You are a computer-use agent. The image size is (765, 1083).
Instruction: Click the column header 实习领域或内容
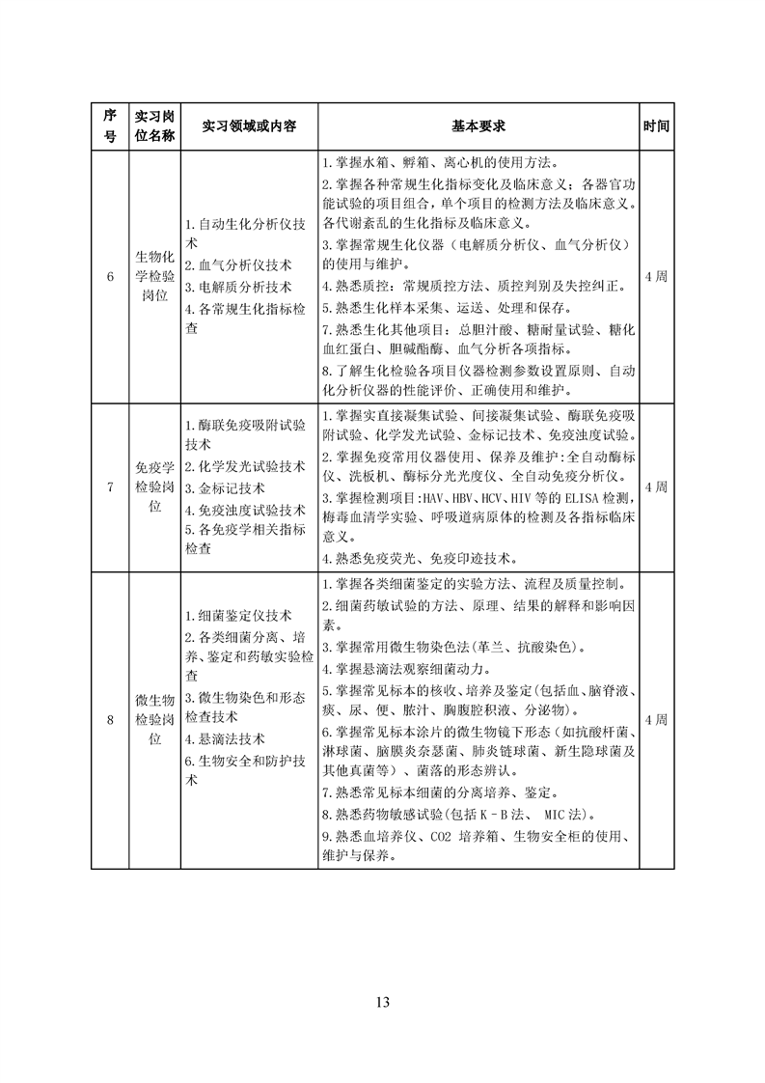[x=249, y=126]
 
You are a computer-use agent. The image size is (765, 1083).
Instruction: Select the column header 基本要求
[x=478, y=126]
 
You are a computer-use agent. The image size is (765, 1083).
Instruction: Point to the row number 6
[x=110, y=277]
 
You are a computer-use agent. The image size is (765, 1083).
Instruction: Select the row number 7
[x=110, y=487]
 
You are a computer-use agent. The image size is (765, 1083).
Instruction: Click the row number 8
[x=110, y=720]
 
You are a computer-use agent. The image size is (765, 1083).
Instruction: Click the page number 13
[x=383, y=1002]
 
